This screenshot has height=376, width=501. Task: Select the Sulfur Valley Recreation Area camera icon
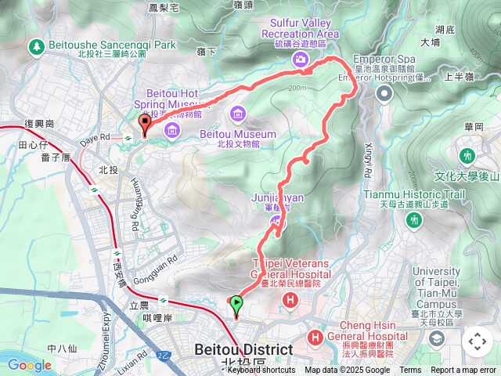[300, 60]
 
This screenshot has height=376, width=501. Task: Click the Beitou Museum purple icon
[237, 116]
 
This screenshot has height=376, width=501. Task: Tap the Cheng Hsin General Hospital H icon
[315, 338]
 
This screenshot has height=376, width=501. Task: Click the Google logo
[30, 365]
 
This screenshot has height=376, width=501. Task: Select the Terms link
[410, 371]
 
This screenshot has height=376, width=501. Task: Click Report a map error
[464, 371]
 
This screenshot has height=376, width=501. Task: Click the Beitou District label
[243, 349]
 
